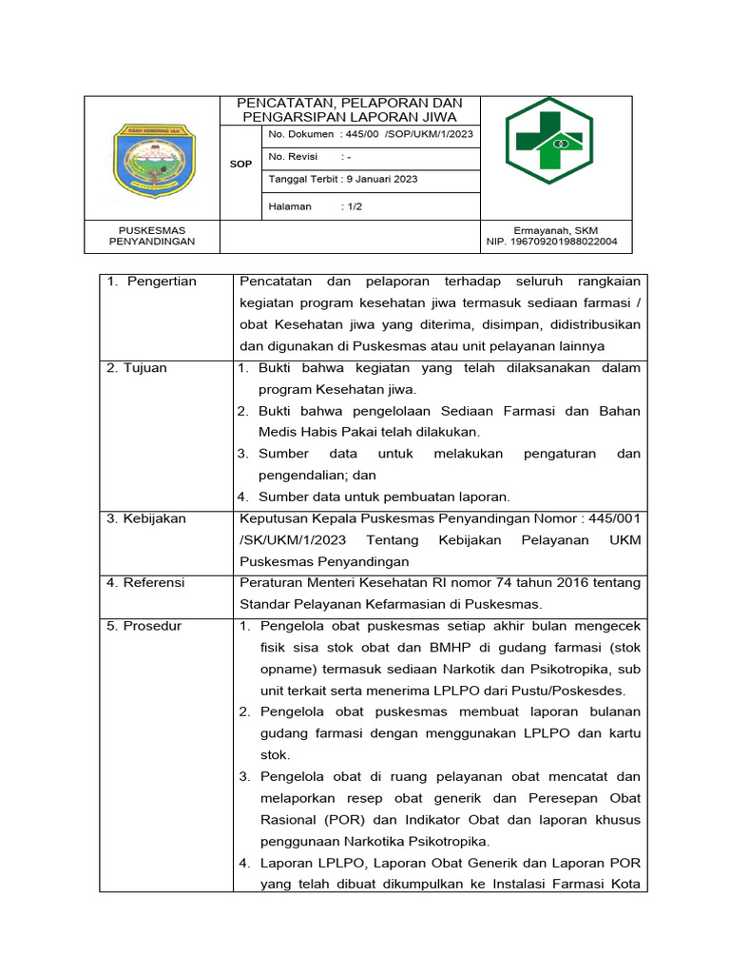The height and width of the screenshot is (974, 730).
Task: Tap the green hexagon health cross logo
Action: pyautogui.click(x=548, y=140)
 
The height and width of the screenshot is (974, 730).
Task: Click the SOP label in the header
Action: pyautogui.click(x=240, y=165)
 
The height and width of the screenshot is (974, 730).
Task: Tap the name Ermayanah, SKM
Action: pyautogui.click(x=556, y=230)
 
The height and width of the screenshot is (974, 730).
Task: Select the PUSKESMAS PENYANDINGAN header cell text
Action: pyautogui.click(x=152, y=236)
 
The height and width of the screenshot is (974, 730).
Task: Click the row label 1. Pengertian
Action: pyautogui.click(x=151, y=282)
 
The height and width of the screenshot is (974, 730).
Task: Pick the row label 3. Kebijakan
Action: pyautogui.click(x=146, y=518)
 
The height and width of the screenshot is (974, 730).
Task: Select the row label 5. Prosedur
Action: pyautogui.click(x=144, y=626)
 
